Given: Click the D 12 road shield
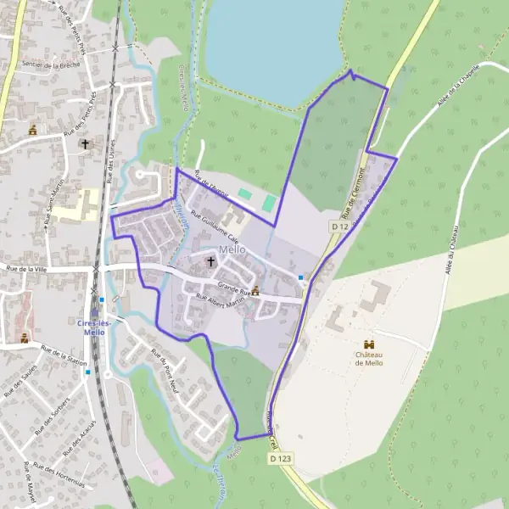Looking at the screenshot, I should tap(340, 227).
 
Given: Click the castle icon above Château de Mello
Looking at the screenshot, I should tap(368, 344).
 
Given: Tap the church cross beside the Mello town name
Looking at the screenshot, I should tap(211, 264).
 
